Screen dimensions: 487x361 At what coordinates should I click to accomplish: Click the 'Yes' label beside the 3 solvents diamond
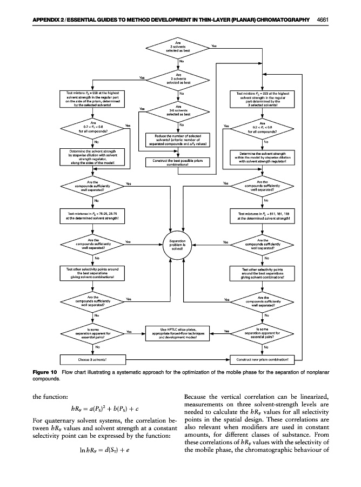point(215,45)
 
